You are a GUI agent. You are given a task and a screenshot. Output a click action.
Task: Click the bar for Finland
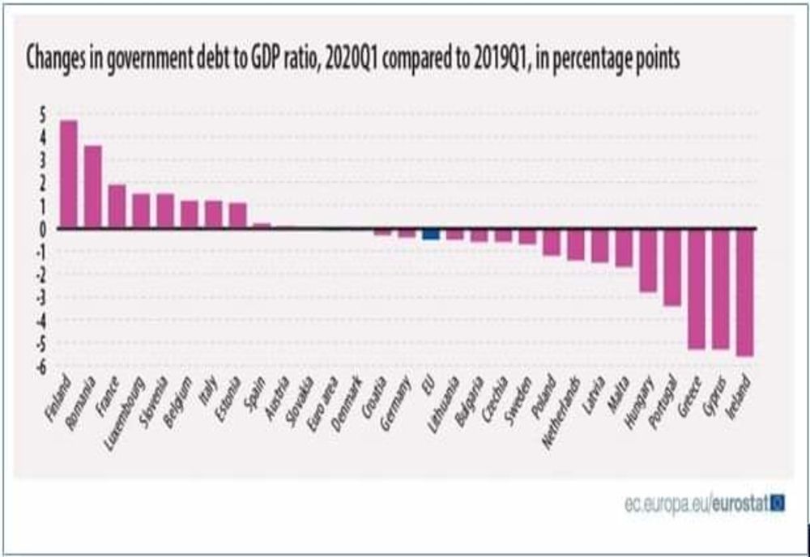[x=69, y=174]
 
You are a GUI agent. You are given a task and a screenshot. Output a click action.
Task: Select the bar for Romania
[x=93, y=187]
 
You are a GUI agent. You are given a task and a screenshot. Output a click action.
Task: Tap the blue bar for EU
[x=431, y=234]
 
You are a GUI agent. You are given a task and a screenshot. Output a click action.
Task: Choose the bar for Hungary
[x=647, y=260]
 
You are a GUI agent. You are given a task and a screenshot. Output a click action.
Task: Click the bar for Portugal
[x=671, y=267]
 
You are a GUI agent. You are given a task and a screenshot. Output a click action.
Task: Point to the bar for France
[x=117, y=206]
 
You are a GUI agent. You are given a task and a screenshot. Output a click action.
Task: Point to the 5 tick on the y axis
[x=42, y=114]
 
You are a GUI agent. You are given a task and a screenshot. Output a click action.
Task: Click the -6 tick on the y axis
[x=40, y=367]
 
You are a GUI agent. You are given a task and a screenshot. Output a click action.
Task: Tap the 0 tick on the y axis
[x=42, y=229]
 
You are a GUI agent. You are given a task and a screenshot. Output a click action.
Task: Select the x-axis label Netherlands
[x=564, y=402]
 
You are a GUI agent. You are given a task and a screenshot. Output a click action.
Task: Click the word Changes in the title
[x=54, y=60]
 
